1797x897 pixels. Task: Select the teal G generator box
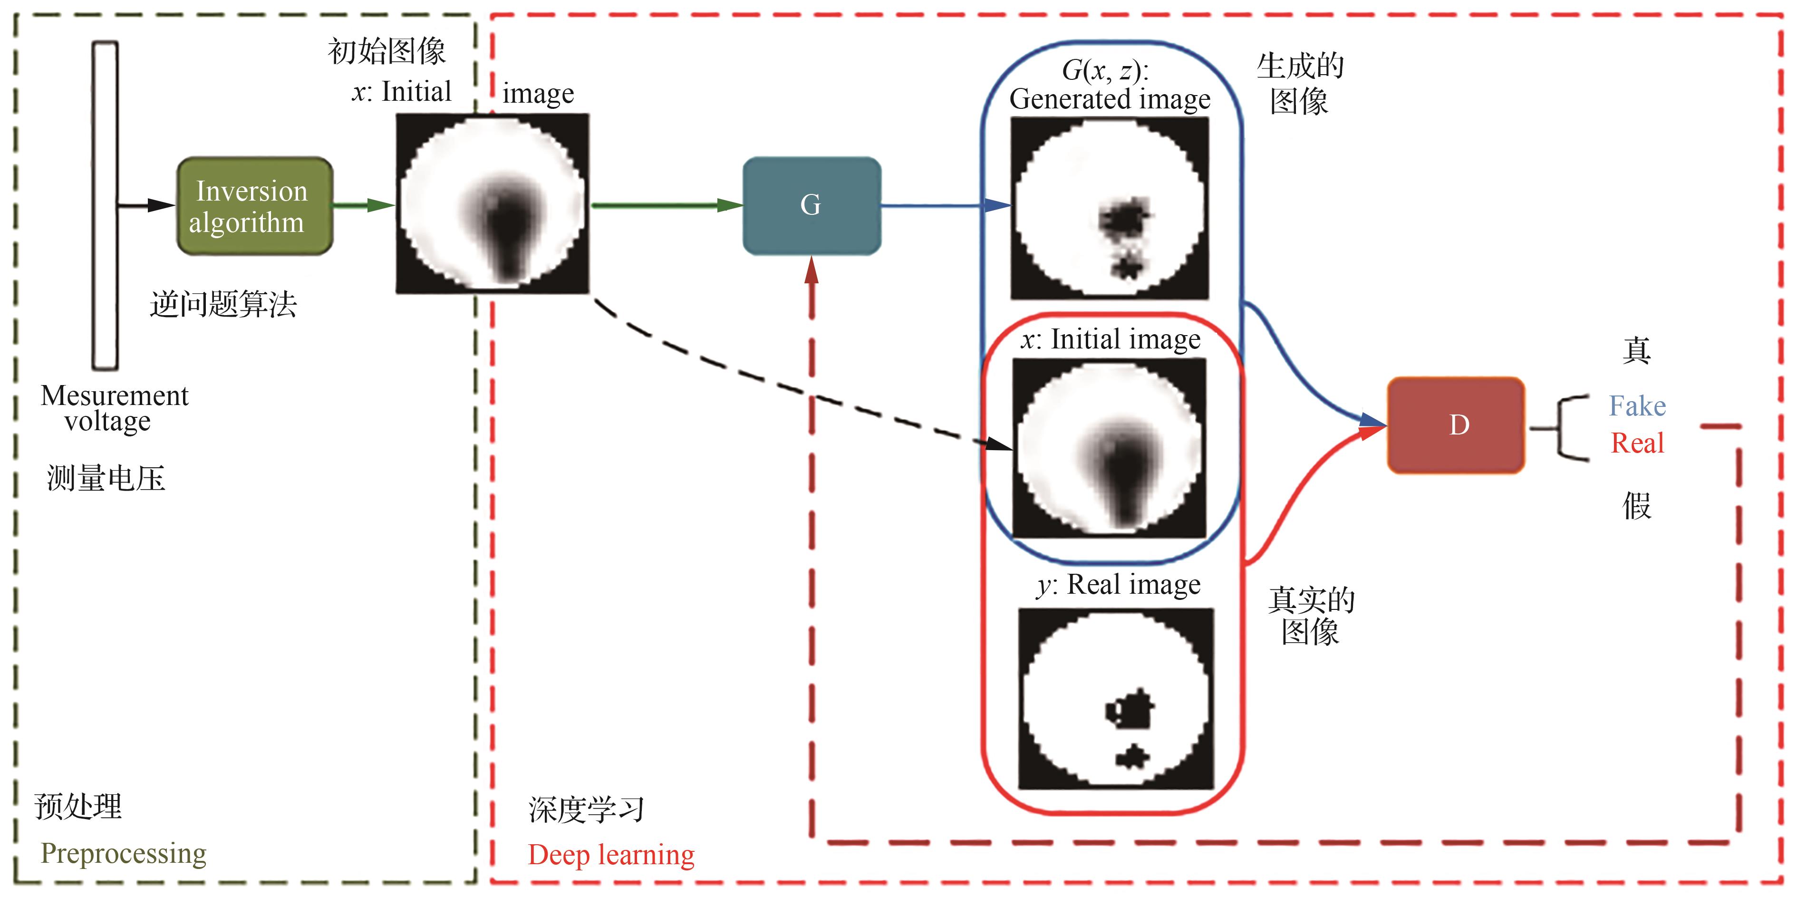[812, 206]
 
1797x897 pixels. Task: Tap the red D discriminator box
[1456, 425]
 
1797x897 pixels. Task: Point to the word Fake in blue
[1636, 406]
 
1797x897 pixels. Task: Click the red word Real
[1636, 443]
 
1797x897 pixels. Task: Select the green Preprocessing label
[124, 853]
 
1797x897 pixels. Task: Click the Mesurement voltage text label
[114, 408]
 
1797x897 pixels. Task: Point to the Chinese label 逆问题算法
[223, 305]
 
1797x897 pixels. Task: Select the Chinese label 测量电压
[106, 479]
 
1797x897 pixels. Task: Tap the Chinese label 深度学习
[586, 810]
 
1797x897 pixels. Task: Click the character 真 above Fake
[1636, 351]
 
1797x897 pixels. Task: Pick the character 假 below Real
[1636, 506]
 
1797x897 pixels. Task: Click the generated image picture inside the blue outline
[1109, 208]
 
